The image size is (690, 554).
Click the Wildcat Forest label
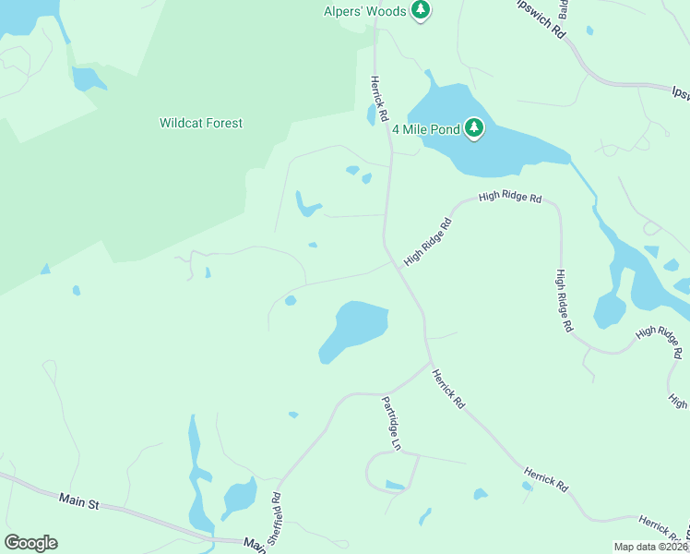(201, 123)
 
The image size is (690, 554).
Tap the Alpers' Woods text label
(365, 11)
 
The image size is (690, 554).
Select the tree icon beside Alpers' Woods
(422, 10)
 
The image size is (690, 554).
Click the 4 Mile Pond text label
(426, 128)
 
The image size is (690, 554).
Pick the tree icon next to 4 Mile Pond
(474, 127)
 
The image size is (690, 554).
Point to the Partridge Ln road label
(392, 423)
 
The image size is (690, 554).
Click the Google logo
(30, 543)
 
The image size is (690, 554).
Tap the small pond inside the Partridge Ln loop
(395, 485)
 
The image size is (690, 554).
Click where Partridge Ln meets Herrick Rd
(430, 363)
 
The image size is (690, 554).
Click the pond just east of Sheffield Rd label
(239, 499)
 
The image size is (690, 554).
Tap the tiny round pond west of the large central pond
(291, 300)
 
